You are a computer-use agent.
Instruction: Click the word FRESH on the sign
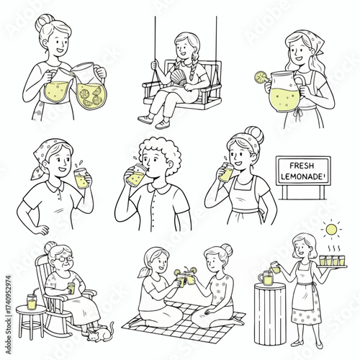302,166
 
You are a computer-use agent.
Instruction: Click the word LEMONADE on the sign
302,176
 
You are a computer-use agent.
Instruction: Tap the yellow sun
331,229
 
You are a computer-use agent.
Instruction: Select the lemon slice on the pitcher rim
260,77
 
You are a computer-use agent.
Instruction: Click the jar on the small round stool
32,302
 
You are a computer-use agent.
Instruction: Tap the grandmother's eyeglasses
63,258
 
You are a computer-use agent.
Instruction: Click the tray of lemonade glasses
332,261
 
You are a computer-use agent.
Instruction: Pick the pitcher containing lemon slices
90,85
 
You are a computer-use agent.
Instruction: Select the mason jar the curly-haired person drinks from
137,175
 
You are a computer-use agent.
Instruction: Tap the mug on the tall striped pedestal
266,278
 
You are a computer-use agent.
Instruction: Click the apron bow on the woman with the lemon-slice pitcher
297,114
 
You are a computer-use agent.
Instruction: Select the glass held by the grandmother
71,288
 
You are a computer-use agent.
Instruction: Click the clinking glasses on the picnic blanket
186,278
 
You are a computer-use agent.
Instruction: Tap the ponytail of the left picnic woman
144,272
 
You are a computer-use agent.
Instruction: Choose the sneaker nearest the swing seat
163,124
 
